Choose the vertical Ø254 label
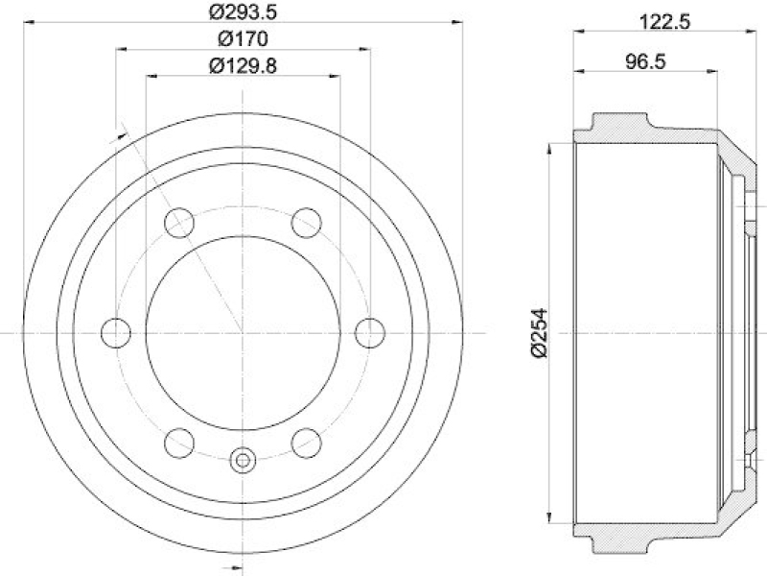[x=539, y=333]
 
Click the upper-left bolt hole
[x=178, y=223]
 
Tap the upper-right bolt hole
[x=307, y=223]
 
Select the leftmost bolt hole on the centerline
[x=115, y=333]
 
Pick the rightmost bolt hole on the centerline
[x=370, y=333]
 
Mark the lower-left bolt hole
[x=178, y=443]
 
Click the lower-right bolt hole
[x=307, y=443]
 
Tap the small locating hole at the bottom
[x=243, y=460]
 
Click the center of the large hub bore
[x=243, y=333]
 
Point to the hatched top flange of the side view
[x=618, y=126]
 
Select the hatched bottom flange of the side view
[x=618, y=540]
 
